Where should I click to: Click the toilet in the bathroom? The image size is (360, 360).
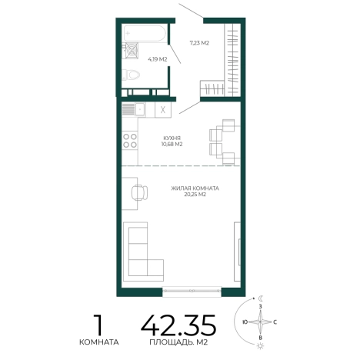131,75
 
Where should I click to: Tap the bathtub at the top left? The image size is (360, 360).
144,33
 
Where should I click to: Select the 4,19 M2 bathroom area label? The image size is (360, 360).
158,59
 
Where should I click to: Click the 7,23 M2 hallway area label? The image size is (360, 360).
199,43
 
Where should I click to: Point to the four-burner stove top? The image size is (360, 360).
130,141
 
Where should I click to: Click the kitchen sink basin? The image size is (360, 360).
140,110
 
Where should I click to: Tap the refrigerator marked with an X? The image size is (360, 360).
163,110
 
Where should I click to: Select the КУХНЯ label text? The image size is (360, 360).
172,138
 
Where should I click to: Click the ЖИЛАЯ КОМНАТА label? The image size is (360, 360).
195,188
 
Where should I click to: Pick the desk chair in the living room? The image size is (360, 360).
139,192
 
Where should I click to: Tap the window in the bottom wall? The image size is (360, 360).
192,292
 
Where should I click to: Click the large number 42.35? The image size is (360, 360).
178,325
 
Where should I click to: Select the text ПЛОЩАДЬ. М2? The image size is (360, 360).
178,342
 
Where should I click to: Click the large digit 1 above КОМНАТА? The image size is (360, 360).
98,325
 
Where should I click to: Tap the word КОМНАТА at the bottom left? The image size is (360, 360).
99,342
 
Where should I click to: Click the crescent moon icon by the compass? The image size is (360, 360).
261,298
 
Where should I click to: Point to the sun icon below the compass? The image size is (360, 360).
261,346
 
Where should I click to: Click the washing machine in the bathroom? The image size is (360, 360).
132,51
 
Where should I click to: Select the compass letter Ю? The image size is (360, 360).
245,322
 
